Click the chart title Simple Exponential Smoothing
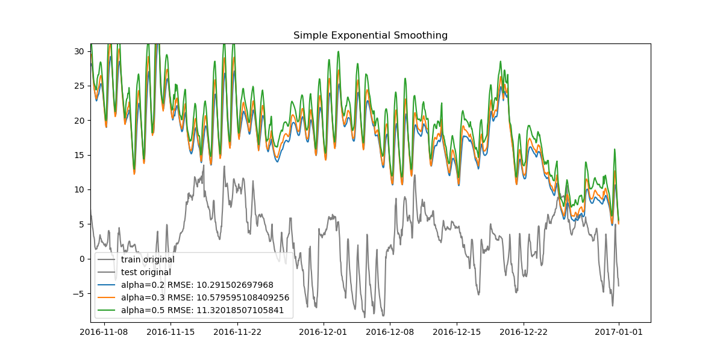[371, 36]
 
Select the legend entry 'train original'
[148, 260]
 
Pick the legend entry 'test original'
[146, 273]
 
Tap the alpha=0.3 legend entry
[205, 298]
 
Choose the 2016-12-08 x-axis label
[390, 331]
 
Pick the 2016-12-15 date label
[457, 331]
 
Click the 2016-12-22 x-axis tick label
[524, 331]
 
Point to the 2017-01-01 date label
[618, 331]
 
